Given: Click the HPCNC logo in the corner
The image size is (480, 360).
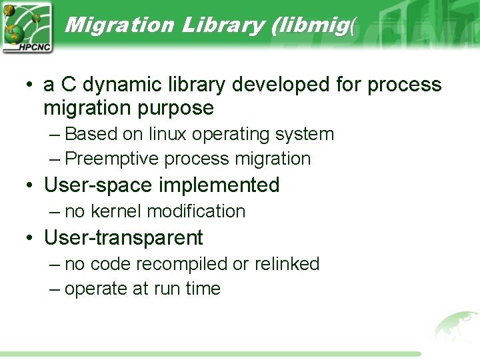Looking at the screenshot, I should point(27,27).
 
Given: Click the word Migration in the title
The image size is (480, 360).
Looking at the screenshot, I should point(119,25).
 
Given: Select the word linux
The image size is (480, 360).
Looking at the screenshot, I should point(168,134).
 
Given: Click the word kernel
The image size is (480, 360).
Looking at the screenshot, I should point(116,211).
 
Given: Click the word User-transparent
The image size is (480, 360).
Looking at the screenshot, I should point(123,237).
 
